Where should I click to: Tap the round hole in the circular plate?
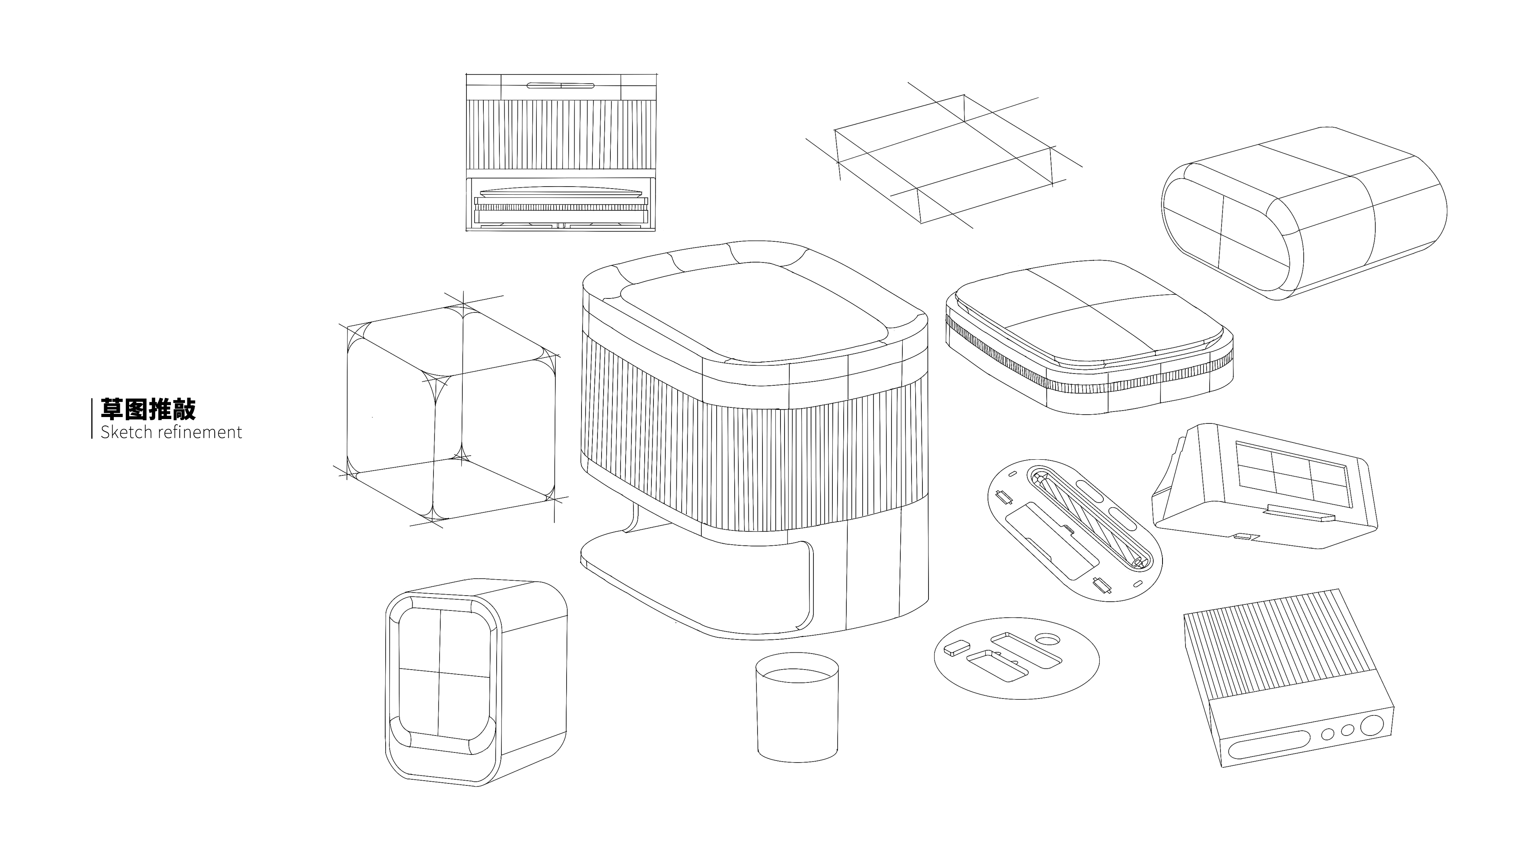point(1048,639)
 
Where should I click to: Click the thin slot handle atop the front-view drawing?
point(560,85)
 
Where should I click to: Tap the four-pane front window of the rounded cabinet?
point(444,670)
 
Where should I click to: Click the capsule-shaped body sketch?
point(1304,216)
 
